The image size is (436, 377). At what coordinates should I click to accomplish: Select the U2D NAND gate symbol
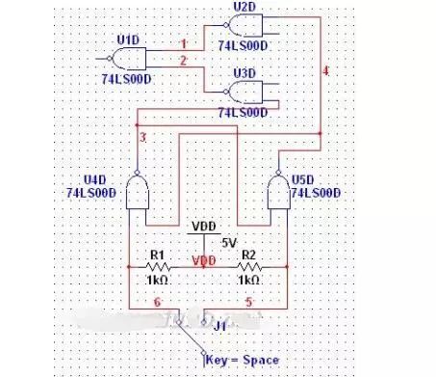(x=247, y=27)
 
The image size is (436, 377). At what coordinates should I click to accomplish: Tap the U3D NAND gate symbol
(x=246, y=92)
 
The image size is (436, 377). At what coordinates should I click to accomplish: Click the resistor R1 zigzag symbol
(x=159, y=267)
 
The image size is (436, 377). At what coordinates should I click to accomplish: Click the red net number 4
(x=324, y=72)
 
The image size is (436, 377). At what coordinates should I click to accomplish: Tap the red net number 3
(x=143, y=139)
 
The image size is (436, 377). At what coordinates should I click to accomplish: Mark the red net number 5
(x=251, y=302)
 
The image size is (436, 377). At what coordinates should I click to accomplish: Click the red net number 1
(x=184, y=43)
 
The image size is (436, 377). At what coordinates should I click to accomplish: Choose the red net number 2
(x=184, y=61)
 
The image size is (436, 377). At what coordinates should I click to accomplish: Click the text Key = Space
(x=243, y=360)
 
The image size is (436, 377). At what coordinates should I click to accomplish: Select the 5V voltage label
(x=228, y=242)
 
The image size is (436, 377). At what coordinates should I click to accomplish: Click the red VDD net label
(x=203, y=260)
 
